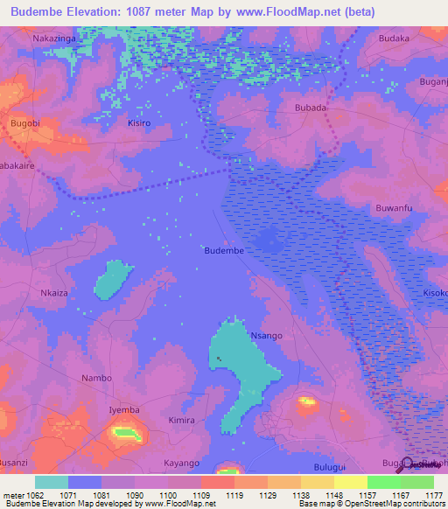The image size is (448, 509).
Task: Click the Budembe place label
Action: (223, 250)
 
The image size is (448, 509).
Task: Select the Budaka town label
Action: (395, 39)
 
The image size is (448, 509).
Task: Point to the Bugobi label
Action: (24, 124)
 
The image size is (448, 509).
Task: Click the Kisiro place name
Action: (139, 123)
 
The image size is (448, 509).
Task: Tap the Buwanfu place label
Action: (393, 207)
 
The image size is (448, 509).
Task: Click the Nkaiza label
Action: (54, 293)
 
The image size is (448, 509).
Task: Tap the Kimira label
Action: (181, 421)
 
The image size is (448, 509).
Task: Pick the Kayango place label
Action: (182, 463)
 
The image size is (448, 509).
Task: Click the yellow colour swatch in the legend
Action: (351, 482)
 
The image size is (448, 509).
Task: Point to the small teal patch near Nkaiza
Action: (112, 280)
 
